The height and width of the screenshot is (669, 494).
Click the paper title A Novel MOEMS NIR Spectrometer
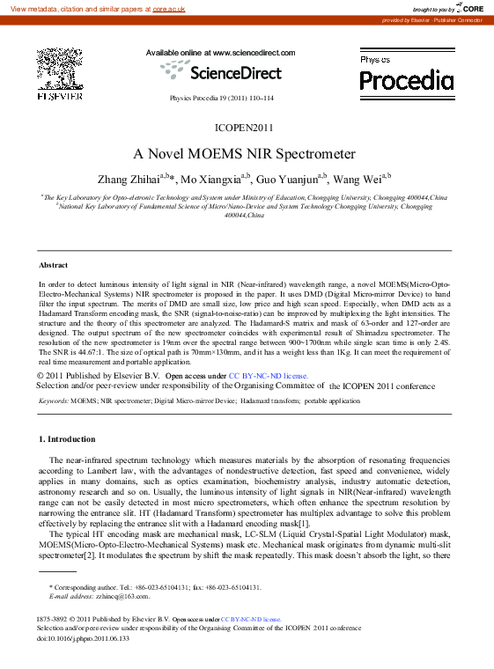click(245, 153)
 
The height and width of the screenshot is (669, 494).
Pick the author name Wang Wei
click(356, 180)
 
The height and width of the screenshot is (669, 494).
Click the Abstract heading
click(54, 265)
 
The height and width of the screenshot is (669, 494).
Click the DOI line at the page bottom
click(83, 638)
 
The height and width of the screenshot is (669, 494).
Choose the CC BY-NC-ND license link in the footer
click(250, 619)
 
